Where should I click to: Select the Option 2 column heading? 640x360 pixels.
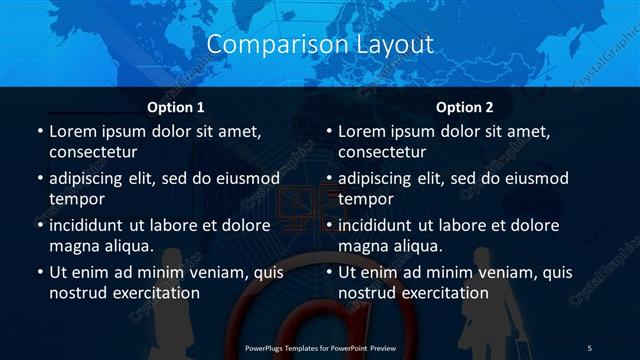(465, 106)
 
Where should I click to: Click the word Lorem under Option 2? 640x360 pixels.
(364, 131)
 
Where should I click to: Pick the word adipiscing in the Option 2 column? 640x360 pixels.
(382, 179)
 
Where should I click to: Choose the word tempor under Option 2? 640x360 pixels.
(366, 198)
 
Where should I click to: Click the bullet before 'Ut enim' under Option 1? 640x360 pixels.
(38, 273)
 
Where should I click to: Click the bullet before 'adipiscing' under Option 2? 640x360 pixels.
(328, 179)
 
